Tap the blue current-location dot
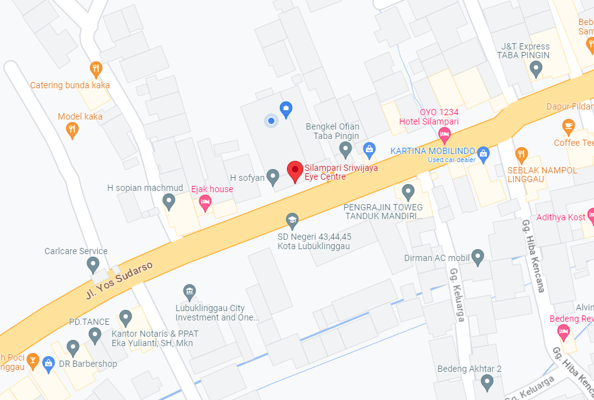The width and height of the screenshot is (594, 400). click(x=271, y=120)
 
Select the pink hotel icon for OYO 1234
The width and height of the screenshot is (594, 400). click(x=444, y=133)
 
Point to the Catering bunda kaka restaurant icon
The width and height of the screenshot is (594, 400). click(x=95, y=69)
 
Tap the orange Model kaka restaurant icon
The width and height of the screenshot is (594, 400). click(x=72, y=130)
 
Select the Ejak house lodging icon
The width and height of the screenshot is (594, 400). click(x=204, y=202)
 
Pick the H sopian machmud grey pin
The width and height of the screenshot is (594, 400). click(x=168, y=201)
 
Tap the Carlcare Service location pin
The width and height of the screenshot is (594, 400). click(x=93, y=264)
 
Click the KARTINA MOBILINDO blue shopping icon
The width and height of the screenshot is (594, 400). click(x=482, y=153)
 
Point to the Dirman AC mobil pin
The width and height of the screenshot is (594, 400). click(x=477, y=255)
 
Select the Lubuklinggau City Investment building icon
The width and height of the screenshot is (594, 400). click(x=189, y=292)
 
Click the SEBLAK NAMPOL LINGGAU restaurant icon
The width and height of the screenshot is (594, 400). click(x=521, y=154)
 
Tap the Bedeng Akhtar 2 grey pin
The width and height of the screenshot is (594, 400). click(x=487, y=381)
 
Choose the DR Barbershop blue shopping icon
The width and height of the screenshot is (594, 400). click(x=48, y=363)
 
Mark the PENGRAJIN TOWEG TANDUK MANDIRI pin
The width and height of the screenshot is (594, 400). click(x=408, y=191)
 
